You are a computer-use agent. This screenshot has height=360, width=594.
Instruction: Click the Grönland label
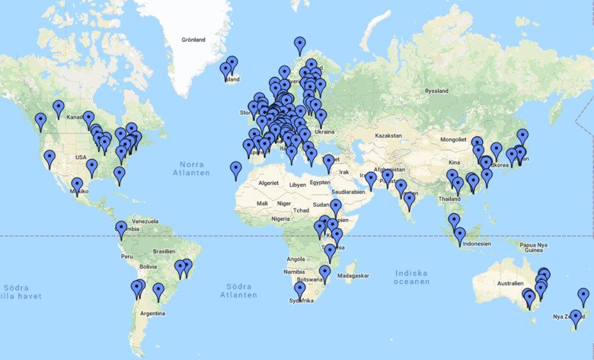193,40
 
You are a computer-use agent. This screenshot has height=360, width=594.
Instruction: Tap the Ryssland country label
436,90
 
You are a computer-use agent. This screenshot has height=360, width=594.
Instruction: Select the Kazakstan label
388,135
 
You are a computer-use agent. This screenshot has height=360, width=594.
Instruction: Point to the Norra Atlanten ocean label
194,169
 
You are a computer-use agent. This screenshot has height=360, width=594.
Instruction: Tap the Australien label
509,284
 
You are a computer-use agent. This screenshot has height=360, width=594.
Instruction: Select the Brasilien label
164,251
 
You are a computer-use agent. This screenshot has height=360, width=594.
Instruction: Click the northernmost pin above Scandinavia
300,45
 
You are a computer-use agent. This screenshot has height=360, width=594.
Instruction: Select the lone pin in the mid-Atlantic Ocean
236,170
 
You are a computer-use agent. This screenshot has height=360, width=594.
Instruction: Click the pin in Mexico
77,186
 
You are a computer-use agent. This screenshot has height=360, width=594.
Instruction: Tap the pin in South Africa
300,290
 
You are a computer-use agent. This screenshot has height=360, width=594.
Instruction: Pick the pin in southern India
409,201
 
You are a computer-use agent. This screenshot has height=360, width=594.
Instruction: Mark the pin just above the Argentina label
158,291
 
